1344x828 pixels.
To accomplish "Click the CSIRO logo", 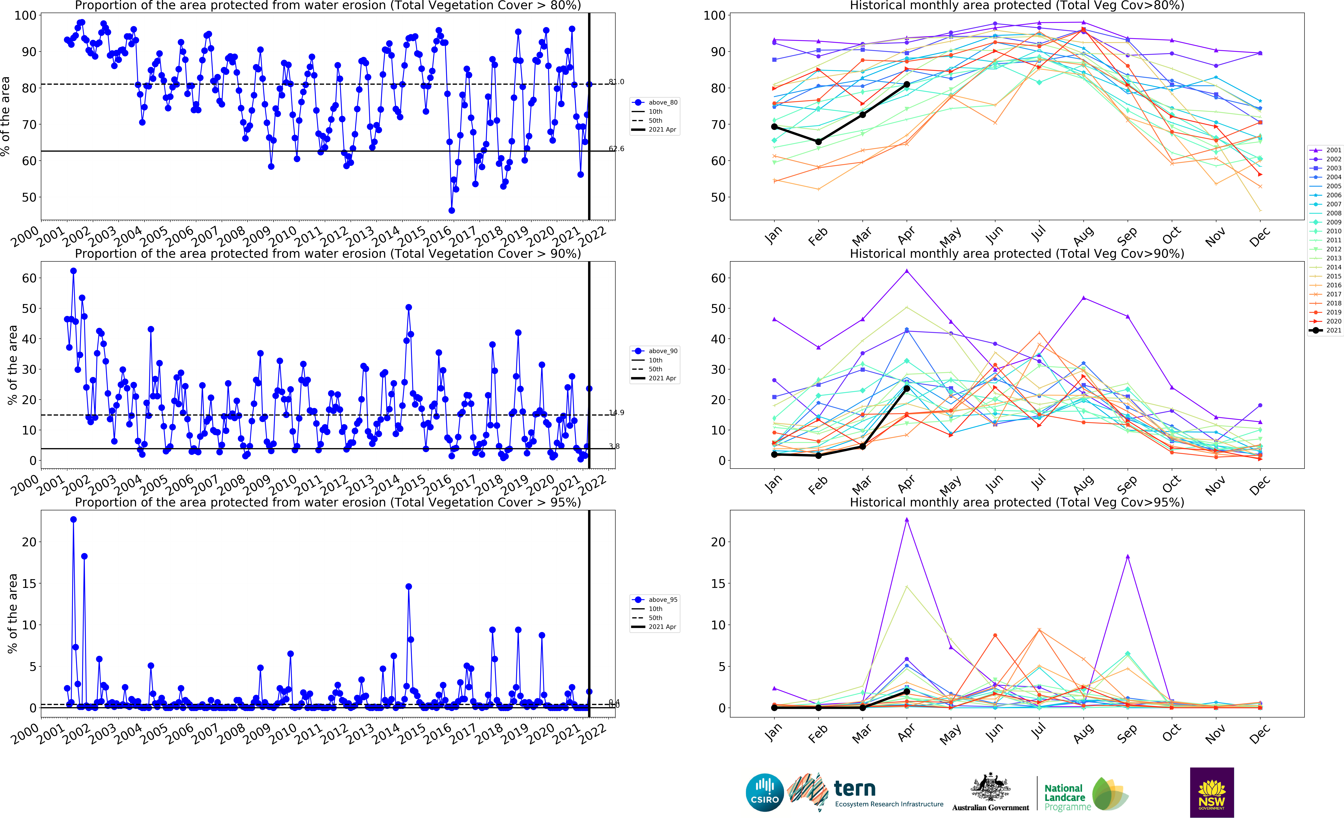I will tap(765, 792).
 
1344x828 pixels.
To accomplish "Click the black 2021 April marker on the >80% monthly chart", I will tap(906, 84).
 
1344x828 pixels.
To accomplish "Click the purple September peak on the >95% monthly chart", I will tap(1127, 556).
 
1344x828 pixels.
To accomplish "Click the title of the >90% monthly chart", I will tap(1016, 254).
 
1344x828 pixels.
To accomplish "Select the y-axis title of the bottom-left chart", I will tap(12, 613).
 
